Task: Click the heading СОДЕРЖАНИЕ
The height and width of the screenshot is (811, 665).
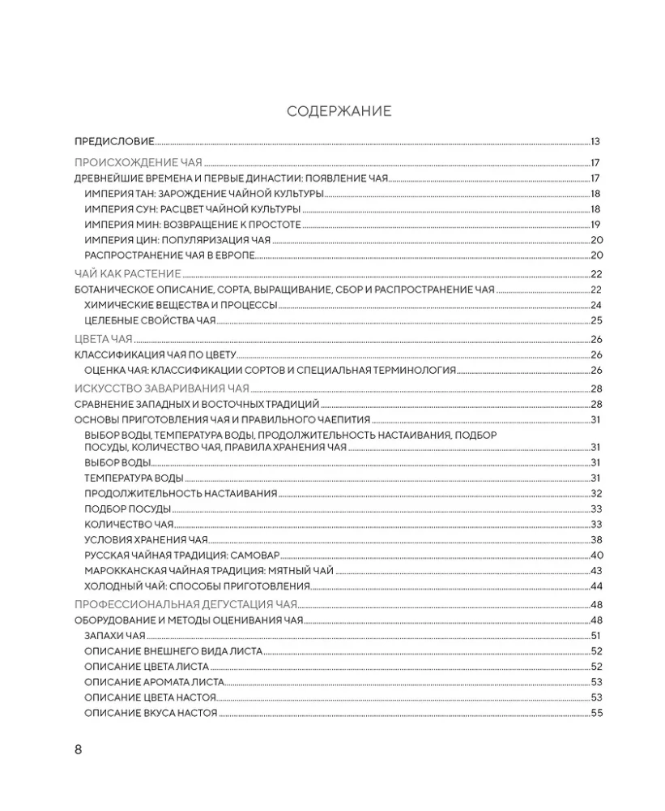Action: (339, 111)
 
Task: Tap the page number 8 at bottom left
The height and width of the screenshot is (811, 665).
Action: (79, 749)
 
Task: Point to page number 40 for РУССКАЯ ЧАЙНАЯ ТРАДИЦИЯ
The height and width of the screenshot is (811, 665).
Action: (598, 555)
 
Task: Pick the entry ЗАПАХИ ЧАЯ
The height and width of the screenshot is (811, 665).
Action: (114, 636)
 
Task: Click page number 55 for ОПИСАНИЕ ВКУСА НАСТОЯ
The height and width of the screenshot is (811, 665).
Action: (598, 713)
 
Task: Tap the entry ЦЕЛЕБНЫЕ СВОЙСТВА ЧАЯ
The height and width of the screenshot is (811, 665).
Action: (150, 320)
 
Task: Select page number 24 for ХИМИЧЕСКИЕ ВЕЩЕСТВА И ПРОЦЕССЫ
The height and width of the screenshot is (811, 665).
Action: (598, 305)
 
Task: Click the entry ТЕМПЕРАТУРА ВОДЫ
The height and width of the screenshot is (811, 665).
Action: (134, 478)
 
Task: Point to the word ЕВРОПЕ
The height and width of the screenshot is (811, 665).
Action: (235, 255)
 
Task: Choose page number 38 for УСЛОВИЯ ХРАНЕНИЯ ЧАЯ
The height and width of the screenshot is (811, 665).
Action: (598, 539)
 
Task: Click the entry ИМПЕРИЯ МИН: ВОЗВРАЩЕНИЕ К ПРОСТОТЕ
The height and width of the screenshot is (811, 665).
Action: (192, 225)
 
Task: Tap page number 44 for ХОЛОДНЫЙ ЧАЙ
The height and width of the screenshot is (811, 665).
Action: (598, 586)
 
